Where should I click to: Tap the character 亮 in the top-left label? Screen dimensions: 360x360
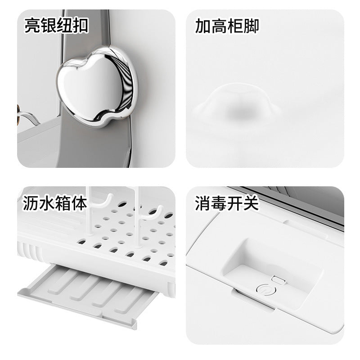coord(32,25)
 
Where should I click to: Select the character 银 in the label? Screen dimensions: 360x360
coord(49,25)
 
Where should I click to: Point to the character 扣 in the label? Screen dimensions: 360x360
coord(81,25)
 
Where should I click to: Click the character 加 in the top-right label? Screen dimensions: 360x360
coord(203,25)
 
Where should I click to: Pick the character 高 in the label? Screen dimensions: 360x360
coord(219,25)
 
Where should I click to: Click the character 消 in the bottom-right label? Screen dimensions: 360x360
coord(203,203)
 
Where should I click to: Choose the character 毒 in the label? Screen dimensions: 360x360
coord(219,203)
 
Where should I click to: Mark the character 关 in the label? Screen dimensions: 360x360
coord(251,203)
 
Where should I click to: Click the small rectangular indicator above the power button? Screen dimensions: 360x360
coord(277,280)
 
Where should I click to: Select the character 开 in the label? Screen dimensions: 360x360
coord(235,203)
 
